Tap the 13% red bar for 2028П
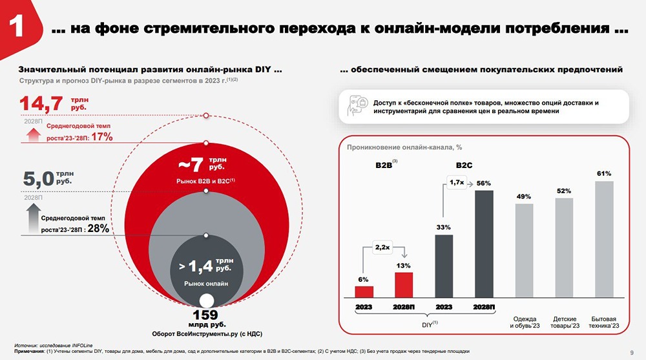click(403, 285)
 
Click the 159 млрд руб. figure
click(206, 316)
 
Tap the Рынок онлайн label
click(205, 282)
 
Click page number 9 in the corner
click(631, 352)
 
